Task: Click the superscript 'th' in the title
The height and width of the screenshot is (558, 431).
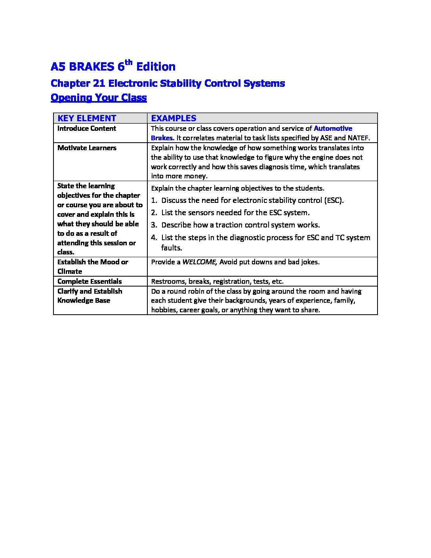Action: [x=128, y=62]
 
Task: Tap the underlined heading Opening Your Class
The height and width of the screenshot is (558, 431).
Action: [x=99, y=97]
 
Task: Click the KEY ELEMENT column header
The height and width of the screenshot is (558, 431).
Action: [x=87, y=118]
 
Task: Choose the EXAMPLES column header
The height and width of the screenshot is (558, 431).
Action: [x=174, y=118]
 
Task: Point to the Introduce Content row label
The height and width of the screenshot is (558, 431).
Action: [x=87, y=128]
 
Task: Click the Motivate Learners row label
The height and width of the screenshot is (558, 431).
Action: [x=87, y=148]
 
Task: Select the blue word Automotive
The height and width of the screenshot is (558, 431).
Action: [x=333, y=128]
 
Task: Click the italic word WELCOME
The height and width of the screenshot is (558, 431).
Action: [x=199, y=262]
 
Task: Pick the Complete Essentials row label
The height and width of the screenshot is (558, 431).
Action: [x=90, y=281]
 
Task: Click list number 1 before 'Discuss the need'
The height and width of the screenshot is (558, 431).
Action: [x=154, y=201]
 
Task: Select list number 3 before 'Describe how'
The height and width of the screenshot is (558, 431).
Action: [x=154, y=225]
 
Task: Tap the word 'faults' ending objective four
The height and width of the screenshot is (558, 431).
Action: [x=171, y=248]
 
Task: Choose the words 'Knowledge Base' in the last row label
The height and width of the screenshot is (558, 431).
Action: [x=84, y=300]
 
